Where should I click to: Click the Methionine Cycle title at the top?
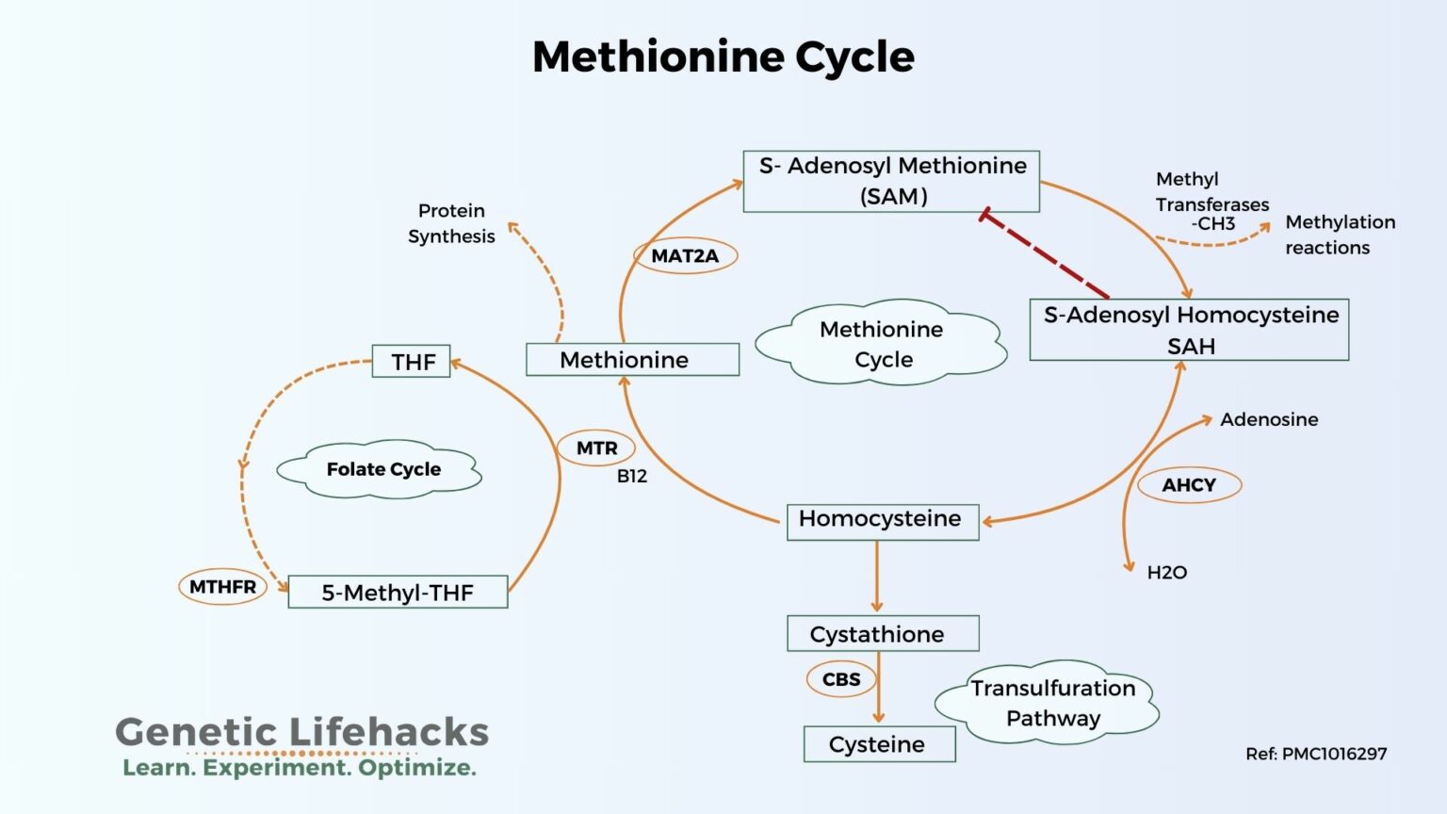tap(723, 57)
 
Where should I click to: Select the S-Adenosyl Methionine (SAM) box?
tap(891, 181)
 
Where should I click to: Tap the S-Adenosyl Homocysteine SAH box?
tap(1189, 330)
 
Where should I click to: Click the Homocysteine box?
tap(882, 521)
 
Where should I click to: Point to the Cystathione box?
tap(883, 634)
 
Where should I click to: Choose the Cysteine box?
tap(879, 744)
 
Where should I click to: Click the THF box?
tap(412, 362)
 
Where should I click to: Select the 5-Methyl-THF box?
tap(398, 593)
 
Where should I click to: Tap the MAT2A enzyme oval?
tap(685, 255)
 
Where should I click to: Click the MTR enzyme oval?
tap(596, 448)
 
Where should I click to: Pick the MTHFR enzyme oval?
tap(222, 587)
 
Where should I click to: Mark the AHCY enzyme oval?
tap(1189, 485)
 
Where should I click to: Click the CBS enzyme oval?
tap(840, 679)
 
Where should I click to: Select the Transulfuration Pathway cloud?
tap(1051, 703)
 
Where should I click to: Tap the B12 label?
tap(632, 477)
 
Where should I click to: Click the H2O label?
tap(1166, 573)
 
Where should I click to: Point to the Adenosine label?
tap(1269, 420)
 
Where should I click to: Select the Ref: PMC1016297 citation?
tap(1315, 754)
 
